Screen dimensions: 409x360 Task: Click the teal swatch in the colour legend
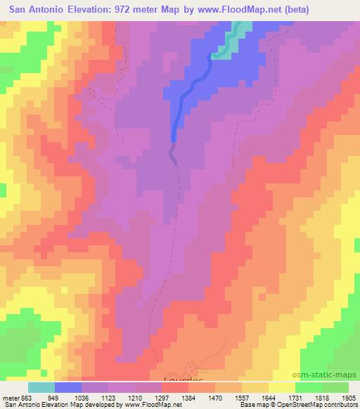tap(41, 387)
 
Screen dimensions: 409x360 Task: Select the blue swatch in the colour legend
tap(67, 387)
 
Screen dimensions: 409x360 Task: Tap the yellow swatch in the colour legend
tap(281, 387)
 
